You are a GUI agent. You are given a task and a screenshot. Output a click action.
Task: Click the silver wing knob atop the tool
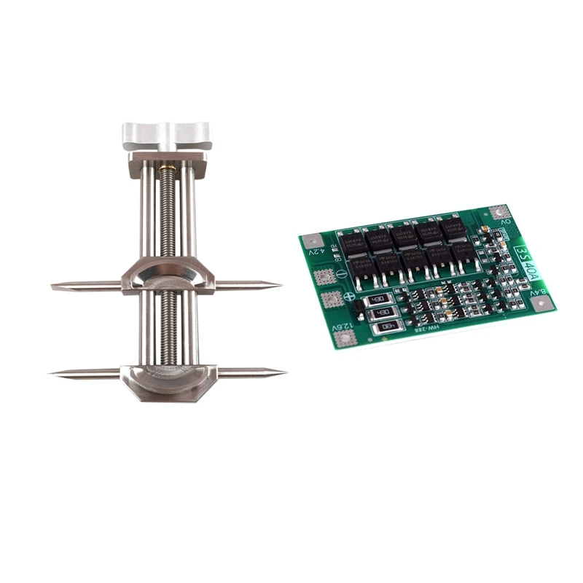(165, 134)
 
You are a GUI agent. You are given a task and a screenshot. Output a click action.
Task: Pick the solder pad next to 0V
(498, 212)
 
